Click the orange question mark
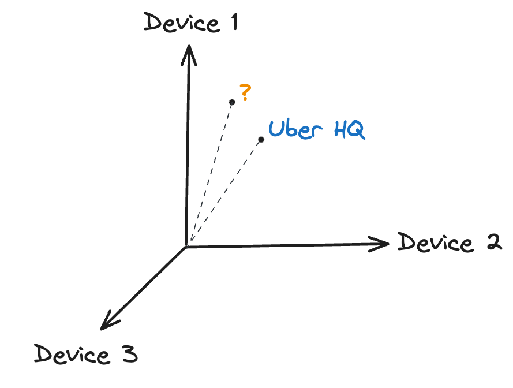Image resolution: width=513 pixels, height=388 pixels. pyautogui.click(x=245, y=92)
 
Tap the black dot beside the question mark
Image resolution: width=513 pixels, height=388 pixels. pyautogui.click(x=232, y=102)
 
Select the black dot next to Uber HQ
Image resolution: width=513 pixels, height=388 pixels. pyautogui.click(x=261, y=140)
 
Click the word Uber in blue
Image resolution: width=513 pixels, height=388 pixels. pyautogui.click(x=295, y=129)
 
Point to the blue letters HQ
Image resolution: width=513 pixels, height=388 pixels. pyautogui.click(x=350, y=130)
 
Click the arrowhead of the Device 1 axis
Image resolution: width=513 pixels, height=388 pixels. pyautogui.click(x=189, y=55)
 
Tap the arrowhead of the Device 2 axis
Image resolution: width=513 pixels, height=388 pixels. pyautogui.click(x=379, y=244)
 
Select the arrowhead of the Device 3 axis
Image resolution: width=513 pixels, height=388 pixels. pyautogui.click(x=109, y=321)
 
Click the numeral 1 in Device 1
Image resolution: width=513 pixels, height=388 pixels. pyautogui.click(x=235, y=23)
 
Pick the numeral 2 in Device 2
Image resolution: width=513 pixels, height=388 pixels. pyautogui.click(x=494, y=242)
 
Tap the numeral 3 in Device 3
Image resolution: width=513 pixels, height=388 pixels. pyautogui.click(x=130, y=354)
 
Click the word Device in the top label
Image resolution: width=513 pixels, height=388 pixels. pyautogui.click(x=182, y=23)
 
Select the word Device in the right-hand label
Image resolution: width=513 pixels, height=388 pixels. pyautogui.click(x=436, y=242)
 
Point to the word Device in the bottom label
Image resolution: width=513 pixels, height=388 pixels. pyautogui.click(x=72, y=355)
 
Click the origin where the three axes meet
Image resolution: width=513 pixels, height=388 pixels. pyautogui.click(x=186, y=246)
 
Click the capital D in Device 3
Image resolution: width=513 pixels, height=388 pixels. pyautogui.click(x=43, y=353)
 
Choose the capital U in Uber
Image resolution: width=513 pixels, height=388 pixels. pyautogui.click(x=277, y=129)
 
